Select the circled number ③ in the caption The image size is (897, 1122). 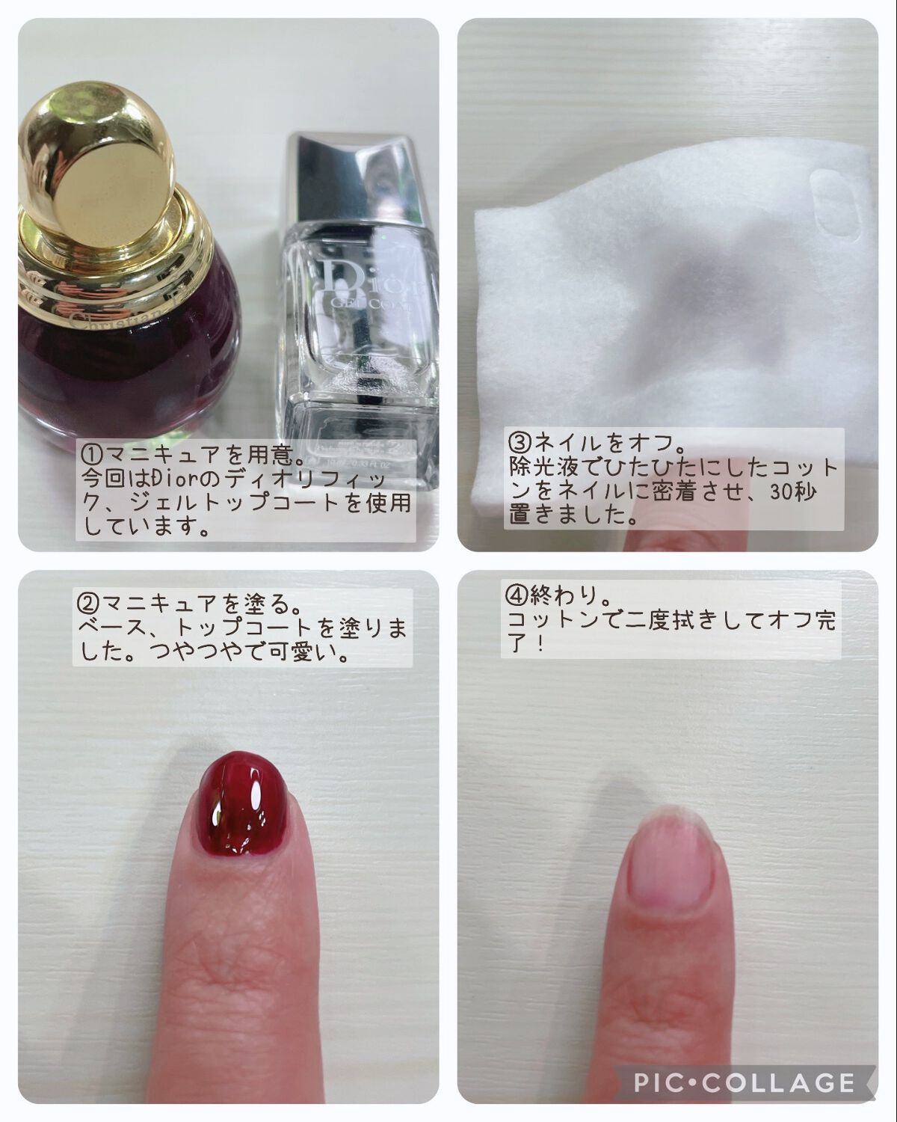coord(519,443)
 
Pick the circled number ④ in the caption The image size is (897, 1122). coord(517,596)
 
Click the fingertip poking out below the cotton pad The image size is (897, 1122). coord(658,535)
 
